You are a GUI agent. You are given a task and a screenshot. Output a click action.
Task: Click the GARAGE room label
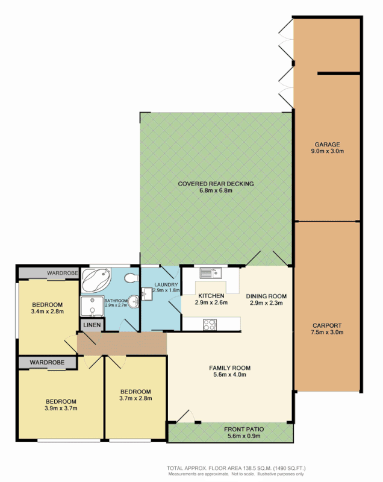327,145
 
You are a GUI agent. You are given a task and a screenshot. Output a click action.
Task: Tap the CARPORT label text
327,325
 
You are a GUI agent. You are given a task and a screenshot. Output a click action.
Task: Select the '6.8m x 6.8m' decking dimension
216,190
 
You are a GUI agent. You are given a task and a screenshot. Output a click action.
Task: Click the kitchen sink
210,273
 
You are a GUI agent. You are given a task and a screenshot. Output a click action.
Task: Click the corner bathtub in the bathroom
96,281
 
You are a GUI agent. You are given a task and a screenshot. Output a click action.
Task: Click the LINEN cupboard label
92,325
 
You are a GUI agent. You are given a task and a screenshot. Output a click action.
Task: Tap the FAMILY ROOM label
229,368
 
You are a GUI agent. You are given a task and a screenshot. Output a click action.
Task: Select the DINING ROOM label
266,296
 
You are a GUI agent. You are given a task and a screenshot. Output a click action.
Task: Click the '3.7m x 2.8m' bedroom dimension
135,398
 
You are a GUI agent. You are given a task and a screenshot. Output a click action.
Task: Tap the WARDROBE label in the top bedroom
63,273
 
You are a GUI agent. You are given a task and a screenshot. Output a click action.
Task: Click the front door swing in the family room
185,416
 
